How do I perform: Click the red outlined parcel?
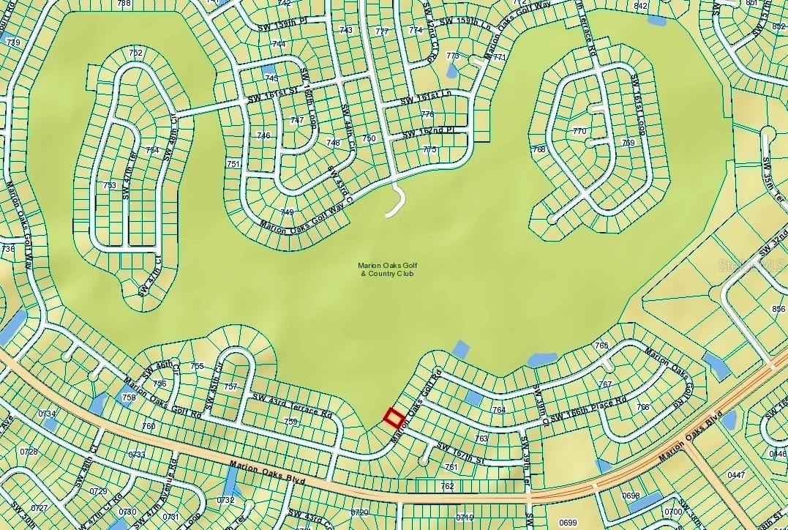tap(394, 418)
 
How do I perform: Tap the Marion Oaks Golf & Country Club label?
tap(386, 269)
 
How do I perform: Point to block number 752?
tap(135, 53)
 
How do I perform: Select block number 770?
tap(579, 132)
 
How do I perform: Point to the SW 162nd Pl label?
tap(429, 134)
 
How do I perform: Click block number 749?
tap(287, 212)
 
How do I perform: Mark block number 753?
tap(110, 185)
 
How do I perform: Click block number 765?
tap(601, 345)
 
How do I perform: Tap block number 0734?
tap(48, 414)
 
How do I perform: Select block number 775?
tap(429, 149)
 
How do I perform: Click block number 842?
tap(641, 6)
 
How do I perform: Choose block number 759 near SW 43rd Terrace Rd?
tap(291, 422)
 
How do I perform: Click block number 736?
tap(8, 249)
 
